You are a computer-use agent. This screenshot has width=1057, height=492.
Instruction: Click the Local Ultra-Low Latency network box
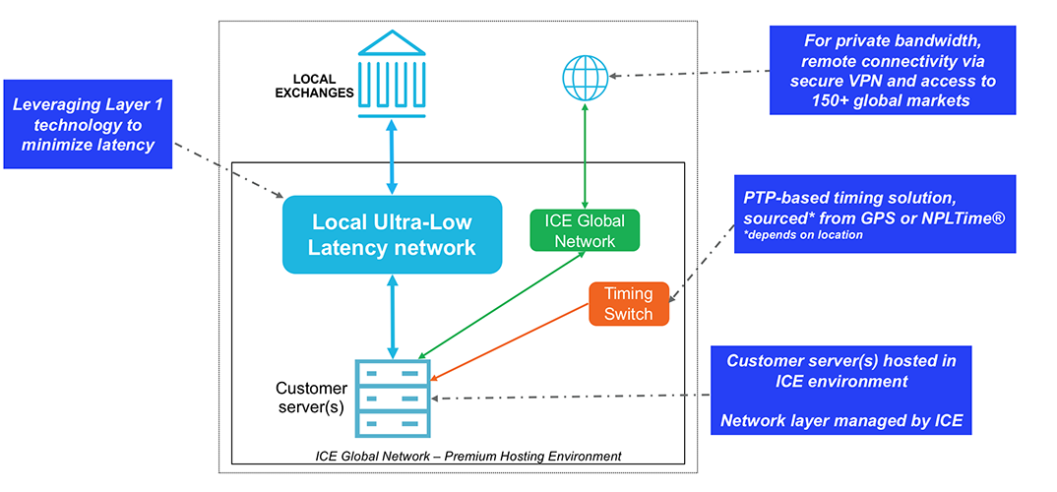pos(392,234)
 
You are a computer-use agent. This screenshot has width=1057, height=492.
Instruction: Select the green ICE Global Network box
pos(585,229)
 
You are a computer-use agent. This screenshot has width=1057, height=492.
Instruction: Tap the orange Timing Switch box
pos(628,304)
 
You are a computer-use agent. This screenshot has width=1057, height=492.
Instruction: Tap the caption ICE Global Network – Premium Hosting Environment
pos(468,456)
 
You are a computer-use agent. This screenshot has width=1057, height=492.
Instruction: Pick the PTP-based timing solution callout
pos(874,214)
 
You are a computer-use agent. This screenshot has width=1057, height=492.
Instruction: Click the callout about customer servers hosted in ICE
pos(840,391)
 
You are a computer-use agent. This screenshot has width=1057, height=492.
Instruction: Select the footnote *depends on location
pos(803,235)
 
